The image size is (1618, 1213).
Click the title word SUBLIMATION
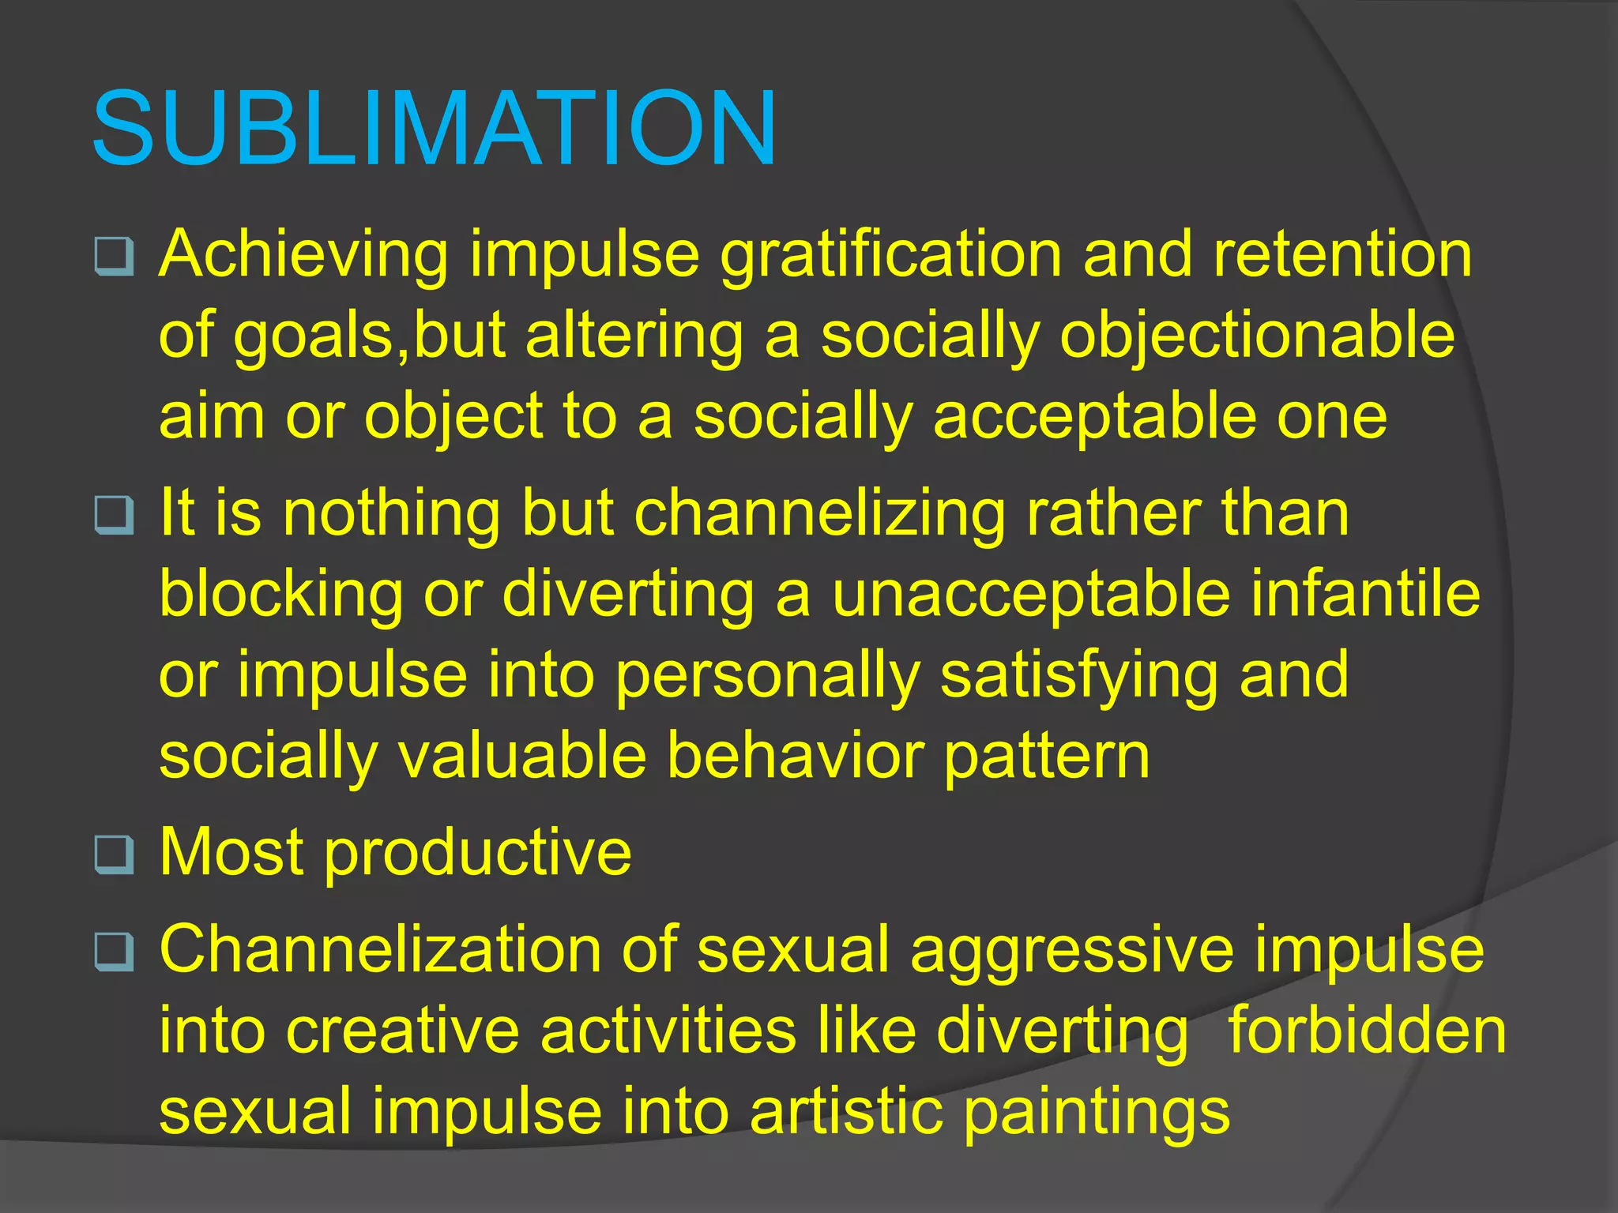click(x=434, y=129)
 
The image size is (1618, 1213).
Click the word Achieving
click(x=303, y=255)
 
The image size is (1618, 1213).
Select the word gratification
click(x=890, y=255)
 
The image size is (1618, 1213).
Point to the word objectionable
click(x=1257, y=336)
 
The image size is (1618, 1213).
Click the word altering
click(x=634, y=336)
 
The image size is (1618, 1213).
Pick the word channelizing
click(x=819, y=514)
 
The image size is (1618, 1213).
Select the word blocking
click(x=281, y=595)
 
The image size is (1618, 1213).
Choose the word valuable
click(x=522, y=756)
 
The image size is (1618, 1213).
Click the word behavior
click(x=795, y=756)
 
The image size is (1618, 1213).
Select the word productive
click(x=478, y=854)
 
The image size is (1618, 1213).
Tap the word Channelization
click(x=380, y=950)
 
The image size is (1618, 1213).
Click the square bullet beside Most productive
click(x=114, y=855)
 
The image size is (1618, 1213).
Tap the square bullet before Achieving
click(x=114, y=256)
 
